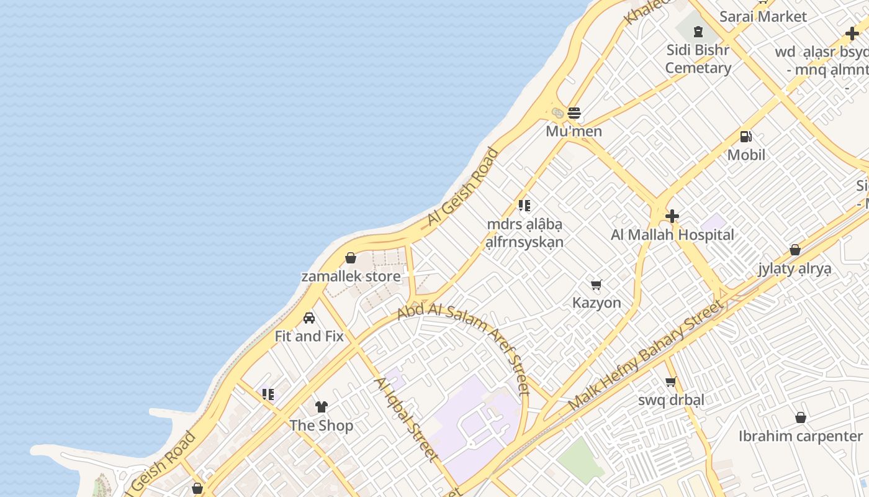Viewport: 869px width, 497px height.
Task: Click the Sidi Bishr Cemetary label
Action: (x=698, y=59)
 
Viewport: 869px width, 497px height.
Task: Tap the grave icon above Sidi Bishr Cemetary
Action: (x=698, y=31)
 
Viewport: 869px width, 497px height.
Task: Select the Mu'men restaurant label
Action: (x=574, y=132)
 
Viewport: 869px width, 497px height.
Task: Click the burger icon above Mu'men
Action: (x=574, y=113)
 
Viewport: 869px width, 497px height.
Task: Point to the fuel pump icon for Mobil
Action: (x=745, y=136)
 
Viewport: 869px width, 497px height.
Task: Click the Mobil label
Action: (x=746, y=155)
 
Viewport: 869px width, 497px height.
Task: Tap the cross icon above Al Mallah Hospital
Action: (x=672, y=216)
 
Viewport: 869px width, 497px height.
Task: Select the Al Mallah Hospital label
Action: (x=672, y=235)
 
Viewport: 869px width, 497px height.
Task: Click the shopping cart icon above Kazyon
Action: (x=596, y=285)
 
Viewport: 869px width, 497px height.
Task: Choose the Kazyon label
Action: (x=597, y=303)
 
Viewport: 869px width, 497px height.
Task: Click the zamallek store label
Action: (x=351, y=276)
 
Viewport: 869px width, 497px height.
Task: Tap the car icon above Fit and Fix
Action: (x=308, y=318)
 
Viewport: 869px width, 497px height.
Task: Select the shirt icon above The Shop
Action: (x=321, y=407)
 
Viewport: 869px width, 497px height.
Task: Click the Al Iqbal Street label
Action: (x=407, y=419)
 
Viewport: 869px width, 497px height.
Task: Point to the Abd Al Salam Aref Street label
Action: (x=466, y=348)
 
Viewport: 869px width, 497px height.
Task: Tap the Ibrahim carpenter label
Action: (x=800, y=436)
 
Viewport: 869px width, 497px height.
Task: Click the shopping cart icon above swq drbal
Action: (x=670, y=381)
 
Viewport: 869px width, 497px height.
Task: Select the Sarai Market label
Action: (x=763, y=17)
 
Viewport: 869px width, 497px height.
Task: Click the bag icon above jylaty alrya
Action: (x=795, y=250)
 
